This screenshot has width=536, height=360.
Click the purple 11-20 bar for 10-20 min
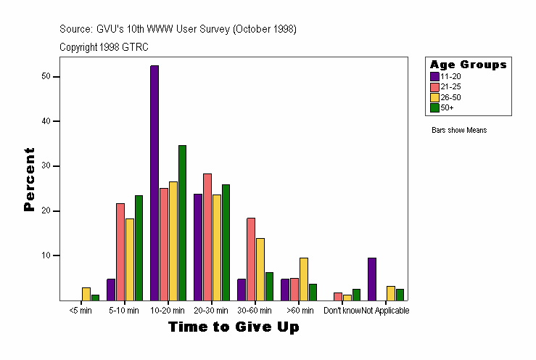coord(154,183)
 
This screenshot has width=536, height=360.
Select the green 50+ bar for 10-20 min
coord(182,223)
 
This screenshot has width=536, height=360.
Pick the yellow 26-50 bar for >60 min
coord(304,279)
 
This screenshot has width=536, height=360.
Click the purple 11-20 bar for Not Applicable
coord(372,279)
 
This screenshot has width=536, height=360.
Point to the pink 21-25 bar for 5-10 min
coord(120,252)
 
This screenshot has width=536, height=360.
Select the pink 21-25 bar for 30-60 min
coord(251,259)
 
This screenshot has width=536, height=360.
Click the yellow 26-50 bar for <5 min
coord(86,294)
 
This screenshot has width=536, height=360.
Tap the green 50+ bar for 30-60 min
coord(269,286)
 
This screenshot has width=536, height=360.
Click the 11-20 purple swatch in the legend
coord(434,76)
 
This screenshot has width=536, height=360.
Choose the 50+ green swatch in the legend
coord(434,107)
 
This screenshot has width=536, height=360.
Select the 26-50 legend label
coord(450,97)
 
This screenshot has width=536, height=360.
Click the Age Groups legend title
coord(468,65)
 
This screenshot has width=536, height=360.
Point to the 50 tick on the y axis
coord(55,76)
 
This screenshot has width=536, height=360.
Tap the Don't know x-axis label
coord(342,311)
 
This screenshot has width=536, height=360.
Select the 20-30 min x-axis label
coord(212,311)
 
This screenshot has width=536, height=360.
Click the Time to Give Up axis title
coord(234,327)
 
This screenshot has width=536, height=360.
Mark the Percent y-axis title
coord(30,179)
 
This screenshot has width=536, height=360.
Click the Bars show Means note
coord(459,131)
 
